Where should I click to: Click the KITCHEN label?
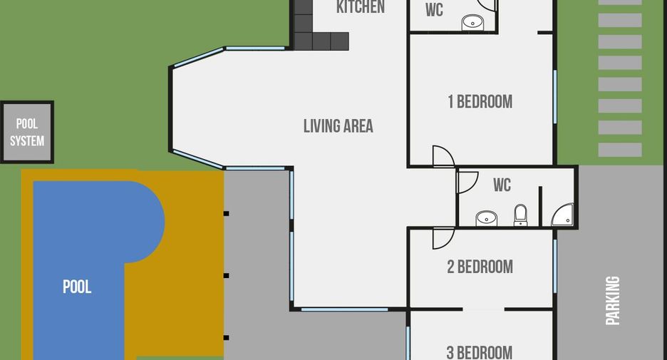click(361, 7)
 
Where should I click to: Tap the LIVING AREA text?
click(338, 126)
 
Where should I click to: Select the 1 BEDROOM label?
click(480, 102)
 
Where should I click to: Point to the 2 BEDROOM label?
click(480, 267)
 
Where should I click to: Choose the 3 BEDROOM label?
click(480, 352)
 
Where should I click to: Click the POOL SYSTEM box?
click(27, 132)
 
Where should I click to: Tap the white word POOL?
click(77, 287)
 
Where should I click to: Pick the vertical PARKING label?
click(613, 300)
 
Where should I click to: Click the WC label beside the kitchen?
click(434, 10)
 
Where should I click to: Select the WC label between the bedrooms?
click(502, 185)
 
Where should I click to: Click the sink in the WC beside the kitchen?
click(472, 22)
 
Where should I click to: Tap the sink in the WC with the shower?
click(486, 218)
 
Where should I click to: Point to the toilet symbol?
click(521, 215)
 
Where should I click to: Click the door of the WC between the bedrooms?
click(467, 182)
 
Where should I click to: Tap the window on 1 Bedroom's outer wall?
click(555, 97)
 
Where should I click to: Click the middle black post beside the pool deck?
click(227, 276)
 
